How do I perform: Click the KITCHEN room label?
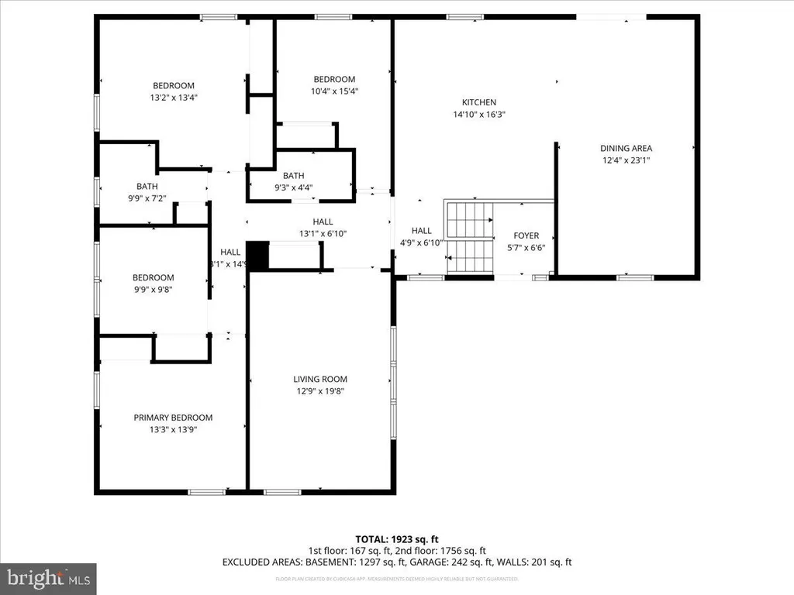478,102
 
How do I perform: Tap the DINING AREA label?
626,148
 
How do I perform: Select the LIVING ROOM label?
319,379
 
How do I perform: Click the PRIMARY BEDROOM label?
173,417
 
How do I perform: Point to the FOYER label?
526,236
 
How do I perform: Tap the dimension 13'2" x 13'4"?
173,98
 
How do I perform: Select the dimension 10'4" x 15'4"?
334,91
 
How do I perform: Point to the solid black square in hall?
256,256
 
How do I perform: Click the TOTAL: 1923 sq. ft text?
396,538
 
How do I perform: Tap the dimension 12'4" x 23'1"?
626,160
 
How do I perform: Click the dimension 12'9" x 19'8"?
319,391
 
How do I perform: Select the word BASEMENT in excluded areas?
323,562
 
